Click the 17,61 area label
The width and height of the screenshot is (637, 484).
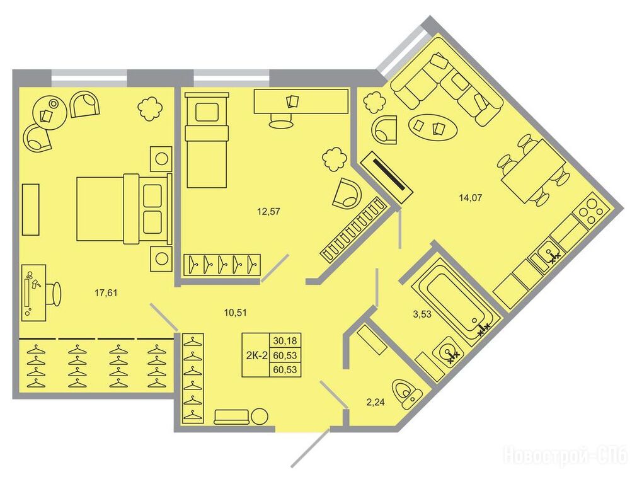(x=106, y=292)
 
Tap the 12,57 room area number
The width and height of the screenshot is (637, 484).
(x=268, y=211)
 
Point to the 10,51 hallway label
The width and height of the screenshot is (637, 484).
(x=235, y=313)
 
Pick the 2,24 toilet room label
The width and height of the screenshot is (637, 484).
(x=376, y=403)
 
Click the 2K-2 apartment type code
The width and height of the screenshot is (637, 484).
(x=256, y=355)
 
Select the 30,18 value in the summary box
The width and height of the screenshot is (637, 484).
(x=285, y=340)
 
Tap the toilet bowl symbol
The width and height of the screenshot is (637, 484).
(x=407, y=393)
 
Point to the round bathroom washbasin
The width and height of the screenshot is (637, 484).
(x=448, y=352)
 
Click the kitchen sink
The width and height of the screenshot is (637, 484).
(x=549, y=255)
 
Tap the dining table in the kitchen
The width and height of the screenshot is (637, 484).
(x=533, y=171)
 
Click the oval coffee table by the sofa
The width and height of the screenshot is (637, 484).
(x=433, y=127)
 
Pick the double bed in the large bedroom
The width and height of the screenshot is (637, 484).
(x=124, y=209)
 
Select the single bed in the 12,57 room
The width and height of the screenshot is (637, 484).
(x=207, y=140)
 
